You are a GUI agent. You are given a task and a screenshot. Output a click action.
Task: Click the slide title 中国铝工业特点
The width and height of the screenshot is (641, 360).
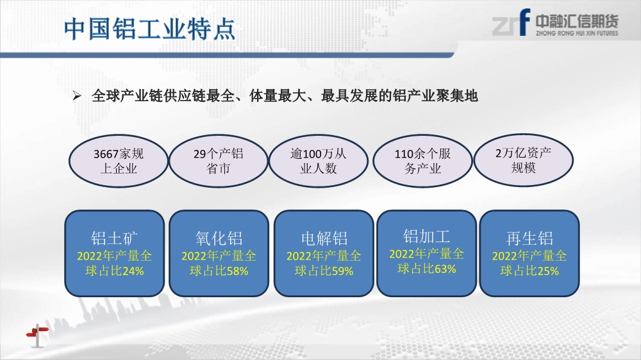(x=149, y=29)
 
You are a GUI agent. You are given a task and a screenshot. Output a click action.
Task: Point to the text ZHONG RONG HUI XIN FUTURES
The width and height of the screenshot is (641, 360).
(x=577, y=33)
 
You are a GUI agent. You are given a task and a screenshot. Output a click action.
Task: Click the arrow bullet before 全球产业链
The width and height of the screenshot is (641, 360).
(x=76, y=96)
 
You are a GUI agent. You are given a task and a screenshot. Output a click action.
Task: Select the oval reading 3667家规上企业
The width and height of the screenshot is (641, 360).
(x=119, y=161)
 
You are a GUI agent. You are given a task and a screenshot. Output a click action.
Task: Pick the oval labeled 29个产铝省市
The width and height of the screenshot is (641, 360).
(x=219, y=161)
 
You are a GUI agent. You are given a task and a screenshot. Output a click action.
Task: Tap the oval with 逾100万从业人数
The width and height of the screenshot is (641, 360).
(x=319, y=161)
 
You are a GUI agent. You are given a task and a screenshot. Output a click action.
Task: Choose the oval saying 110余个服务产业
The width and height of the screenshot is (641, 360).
(x=422, y=161)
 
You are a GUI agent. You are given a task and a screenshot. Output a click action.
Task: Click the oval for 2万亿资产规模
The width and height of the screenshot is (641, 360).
(x=523, y=160)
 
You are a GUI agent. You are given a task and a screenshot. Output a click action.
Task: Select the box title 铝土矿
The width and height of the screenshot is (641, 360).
(x=115, y=238)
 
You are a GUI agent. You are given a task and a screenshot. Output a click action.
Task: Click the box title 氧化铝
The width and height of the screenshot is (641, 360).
(x=219, y=238)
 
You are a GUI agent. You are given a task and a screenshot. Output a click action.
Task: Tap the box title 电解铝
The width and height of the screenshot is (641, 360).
(x=324, y=238)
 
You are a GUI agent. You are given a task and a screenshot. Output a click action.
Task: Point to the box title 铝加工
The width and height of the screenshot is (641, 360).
(x=426, y=236)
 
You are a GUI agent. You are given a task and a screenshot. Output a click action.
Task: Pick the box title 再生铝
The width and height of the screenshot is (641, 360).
(x=529, y=238)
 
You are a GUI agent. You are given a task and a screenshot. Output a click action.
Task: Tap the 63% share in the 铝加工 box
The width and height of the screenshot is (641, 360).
(x=445, y=269)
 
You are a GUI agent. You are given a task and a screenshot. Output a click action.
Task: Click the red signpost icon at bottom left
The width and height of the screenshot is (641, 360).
(x=37, y=336)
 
